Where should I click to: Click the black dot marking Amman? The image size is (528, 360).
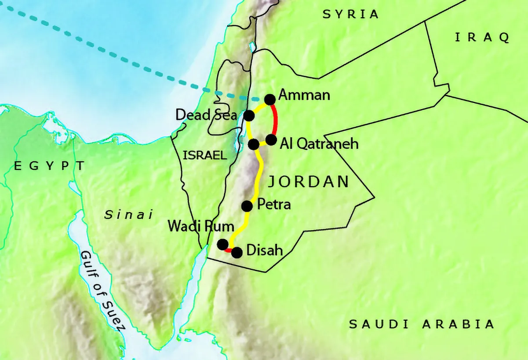(270, 99)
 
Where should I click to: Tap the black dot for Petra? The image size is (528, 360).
(247, 206)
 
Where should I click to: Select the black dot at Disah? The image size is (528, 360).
(237, 253)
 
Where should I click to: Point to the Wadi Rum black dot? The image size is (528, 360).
(223, 244)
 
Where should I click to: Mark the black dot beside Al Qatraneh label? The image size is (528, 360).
(271, 140)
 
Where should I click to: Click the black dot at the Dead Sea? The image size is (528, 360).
(249, 116)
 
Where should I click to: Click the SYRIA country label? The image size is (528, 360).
(350, 15)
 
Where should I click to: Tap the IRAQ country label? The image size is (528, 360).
(482, 38)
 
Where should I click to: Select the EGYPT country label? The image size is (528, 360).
(49, 166)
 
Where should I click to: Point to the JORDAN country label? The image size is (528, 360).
(308, 181)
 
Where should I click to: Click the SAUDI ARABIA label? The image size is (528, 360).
(422, 325)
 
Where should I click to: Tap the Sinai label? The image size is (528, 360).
(128, 215)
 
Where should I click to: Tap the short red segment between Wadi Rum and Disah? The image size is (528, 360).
(229, 250)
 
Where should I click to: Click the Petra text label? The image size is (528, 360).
(273, 205)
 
